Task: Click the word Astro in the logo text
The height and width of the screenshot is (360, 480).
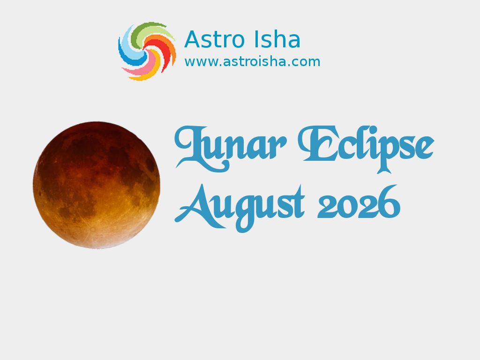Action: click(214, 40)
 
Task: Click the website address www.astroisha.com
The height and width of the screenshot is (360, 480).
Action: click(252, 62)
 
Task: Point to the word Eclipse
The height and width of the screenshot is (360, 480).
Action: click(366, 149)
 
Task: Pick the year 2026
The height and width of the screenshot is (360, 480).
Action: click(359, 202)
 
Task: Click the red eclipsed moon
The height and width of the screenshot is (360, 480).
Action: click(97, 185)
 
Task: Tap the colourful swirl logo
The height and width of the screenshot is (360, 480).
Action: click(147, 51)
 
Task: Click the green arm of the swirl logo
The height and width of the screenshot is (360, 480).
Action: click(144, 30)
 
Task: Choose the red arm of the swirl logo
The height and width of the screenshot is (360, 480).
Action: click(162, 52)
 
